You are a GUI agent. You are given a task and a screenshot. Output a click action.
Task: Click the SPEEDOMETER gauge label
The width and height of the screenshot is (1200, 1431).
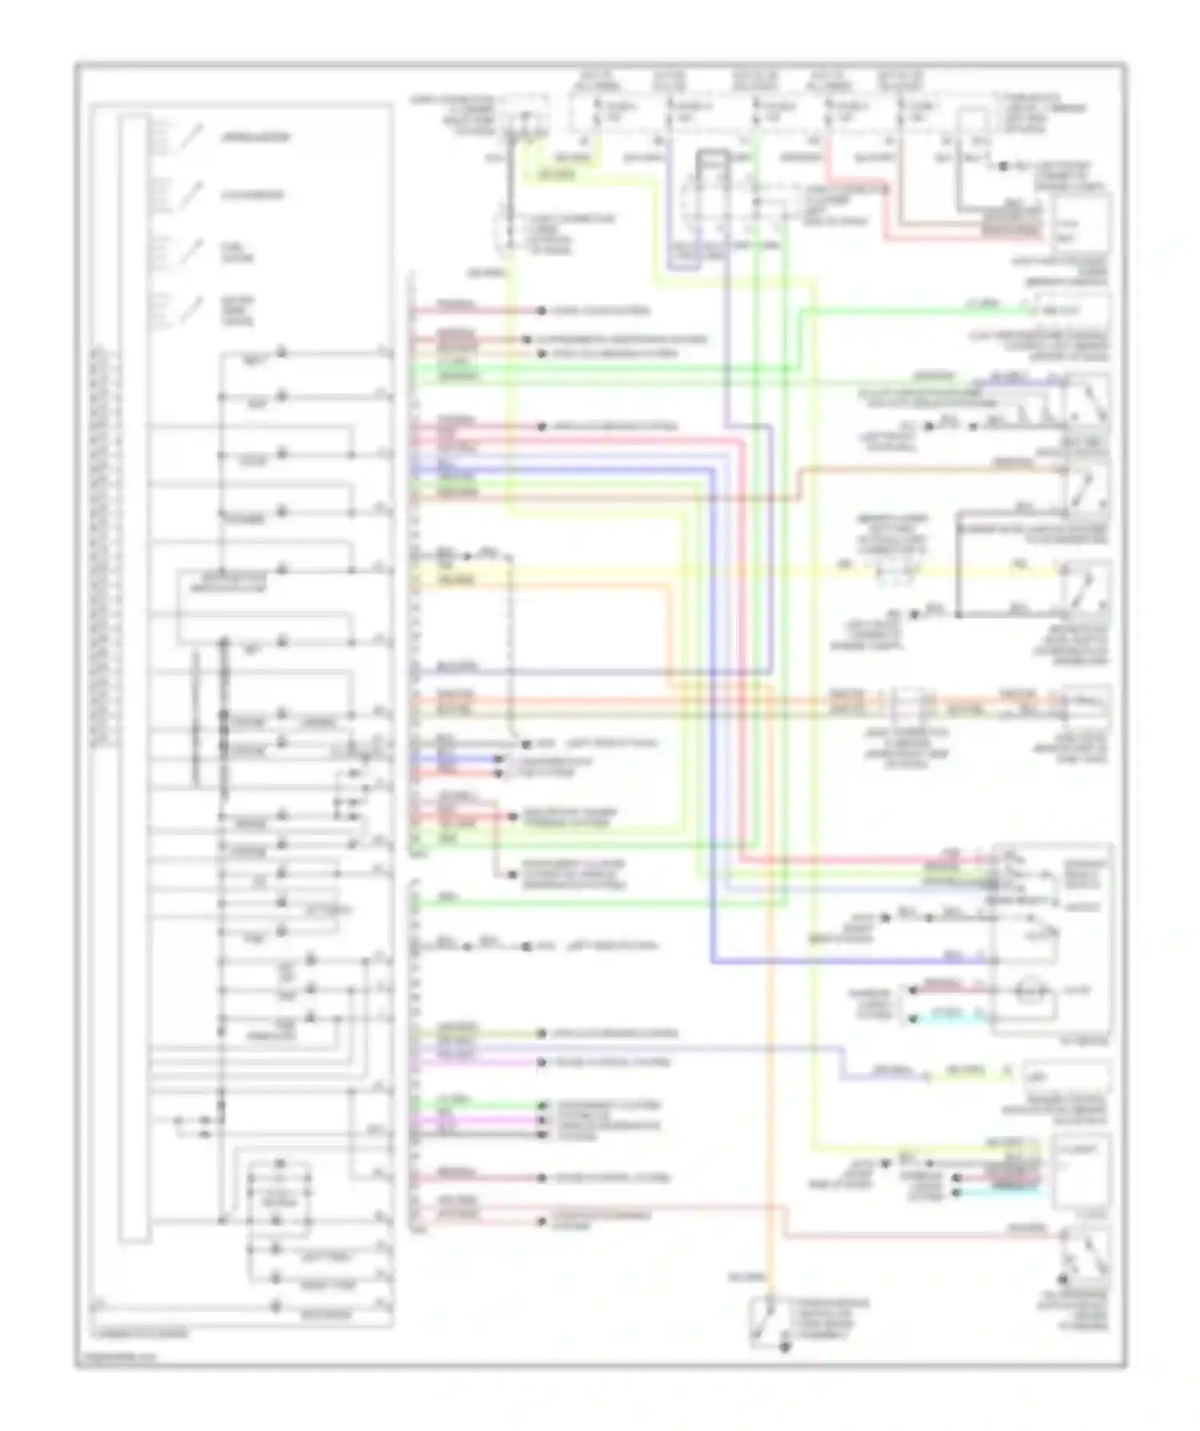(255, 138)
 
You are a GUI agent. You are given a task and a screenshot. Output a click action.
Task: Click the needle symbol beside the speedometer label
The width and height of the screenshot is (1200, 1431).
(190, 138)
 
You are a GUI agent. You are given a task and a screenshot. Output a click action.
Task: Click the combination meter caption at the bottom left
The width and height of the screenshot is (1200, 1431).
(141, 1333)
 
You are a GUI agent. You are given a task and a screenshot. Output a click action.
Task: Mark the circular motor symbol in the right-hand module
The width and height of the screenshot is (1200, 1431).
(1026, 993)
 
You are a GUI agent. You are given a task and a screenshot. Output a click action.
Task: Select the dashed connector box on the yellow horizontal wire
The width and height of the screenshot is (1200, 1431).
(894, 570)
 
